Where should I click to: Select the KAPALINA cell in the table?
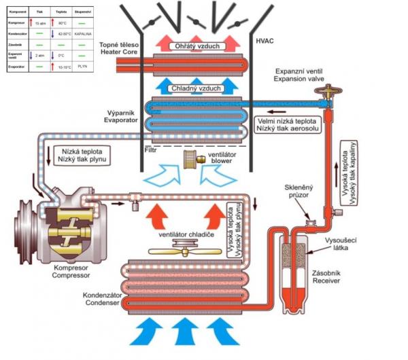pos(83,33)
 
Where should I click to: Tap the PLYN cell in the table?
pos(83,66)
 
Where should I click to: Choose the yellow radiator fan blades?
pos(181,250)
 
